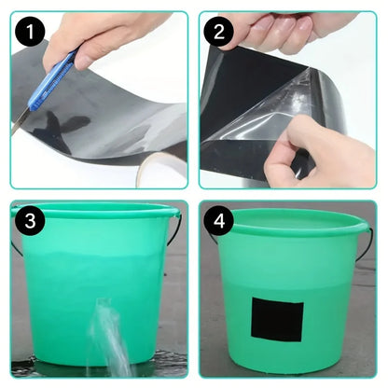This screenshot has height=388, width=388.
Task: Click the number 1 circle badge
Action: [34, 35]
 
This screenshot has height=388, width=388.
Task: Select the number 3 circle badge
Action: [34, 223]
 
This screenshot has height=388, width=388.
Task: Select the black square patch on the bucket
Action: [276, 320]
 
